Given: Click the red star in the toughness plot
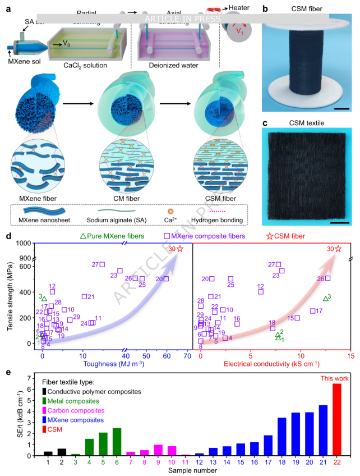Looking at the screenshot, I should [180, 249].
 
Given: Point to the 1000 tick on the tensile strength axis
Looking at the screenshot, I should [22, 243].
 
